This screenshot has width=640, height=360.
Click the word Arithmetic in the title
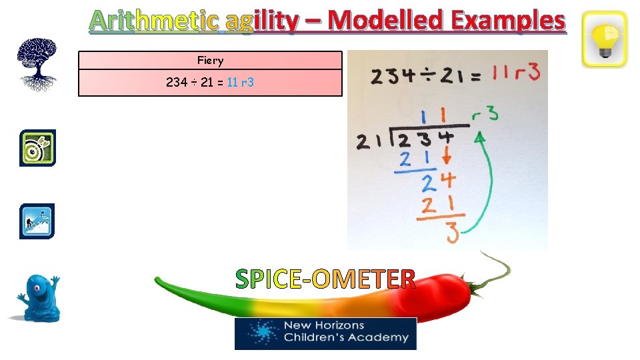(154, 21)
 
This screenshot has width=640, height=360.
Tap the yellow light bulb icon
(604, 39)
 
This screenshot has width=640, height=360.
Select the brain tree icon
(37, 64)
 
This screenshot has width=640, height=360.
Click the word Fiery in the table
(210, 61)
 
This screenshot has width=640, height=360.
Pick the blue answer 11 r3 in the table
(240, 83)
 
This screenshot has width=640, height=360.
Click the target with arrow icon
(37, 148)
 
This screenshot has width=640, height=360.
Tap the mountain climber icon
(37, 221)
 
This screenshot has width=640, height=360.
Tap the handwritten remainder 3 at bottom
(451, 233)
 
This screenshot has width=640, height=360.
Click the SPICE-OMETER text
(325, 279)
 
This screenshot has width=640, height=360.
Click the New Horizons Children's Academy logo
(325, 333)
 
